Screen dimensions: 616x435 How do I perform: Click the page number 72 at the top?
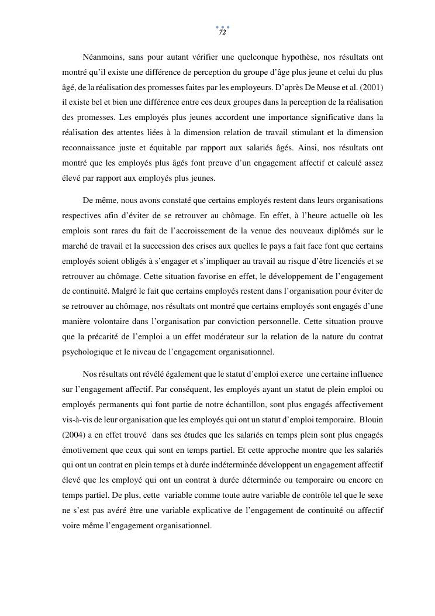tap(222, 32)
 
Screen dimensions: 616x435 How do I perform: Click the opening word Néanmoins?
tap(103, 57)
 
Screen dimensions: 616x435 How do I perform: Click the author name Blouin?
tap(371, 419)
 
